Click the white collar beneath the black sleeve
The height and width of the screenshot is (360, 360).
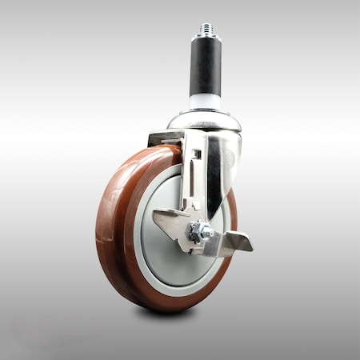pyautogui.click(x=206, y=102)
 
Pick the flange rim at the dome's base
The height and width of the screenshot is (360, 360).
pyautogui.click(x=205, y=128)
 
